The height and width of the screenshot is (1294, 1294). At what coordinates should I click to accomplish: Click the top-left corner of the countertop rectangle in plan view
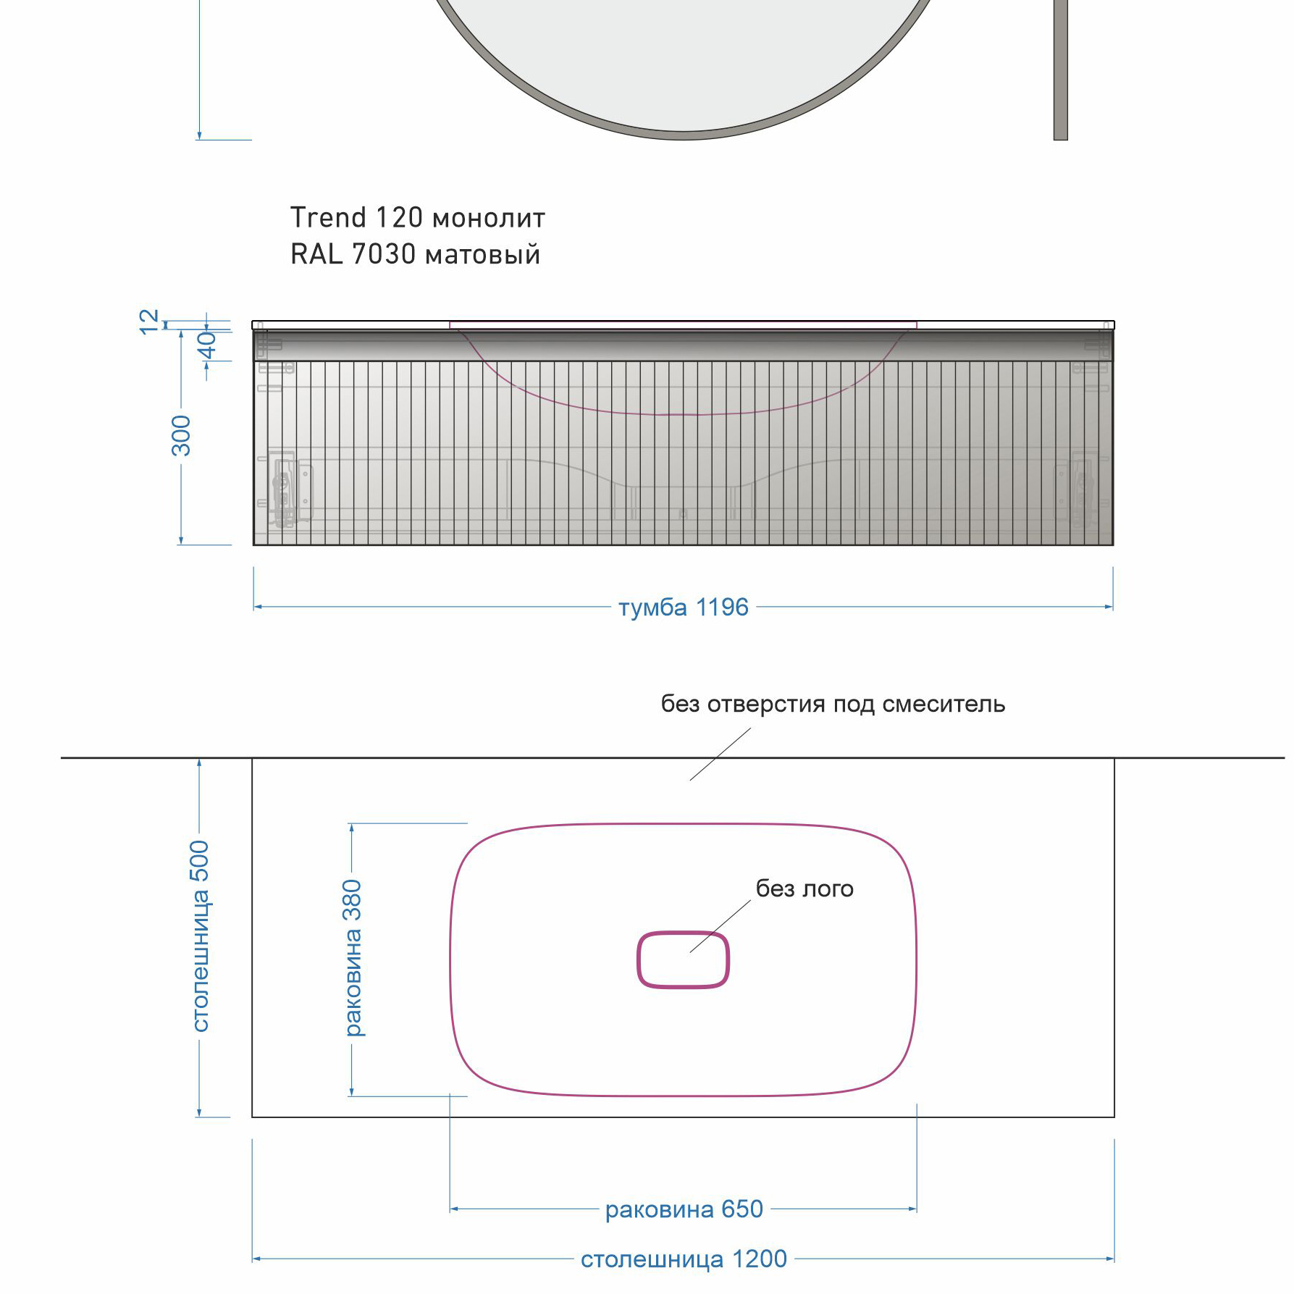point(252,758)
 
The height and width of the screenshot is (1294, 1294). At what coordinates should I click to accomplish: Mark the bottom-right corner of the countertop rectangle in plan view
point(1114,1117)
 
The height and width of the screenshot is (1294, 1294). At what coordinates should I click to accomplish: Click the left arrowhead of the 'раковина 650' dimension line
point(454,1209)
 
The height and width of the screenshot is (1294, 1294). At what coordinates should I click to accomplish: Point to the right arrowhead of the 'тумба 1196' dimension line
point(1109,607)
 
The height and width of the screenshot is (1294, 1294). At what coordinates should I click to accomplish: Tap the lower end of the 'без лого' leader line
point(690,952)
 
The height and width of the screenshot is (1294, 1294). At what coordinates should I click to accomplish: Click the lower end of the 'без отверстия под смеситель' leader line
point(690,780)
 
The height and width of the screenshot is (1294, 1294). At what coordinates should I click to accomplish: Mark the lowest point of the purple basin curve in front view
point(684,414)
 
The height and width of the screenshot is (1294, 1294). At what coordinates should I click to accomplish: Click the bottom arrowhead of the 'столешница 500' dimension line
point(199,1112)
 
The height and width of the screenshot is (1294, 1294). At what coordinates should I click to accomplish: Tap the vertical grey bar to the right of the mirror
point(1061,70)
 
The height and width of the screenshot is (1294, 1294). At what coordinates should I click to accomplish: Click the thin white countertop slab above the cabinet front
point(683,325)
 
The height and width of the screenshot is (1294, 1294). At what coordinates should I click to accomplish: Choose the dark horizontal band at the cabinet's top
point(683,345)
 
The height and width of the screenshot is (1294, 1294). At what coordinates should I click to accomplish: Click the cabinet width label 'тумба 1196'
point(683,607)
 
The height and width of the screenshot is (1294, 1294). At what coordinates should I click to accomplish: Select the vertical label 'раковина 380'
point(353,958)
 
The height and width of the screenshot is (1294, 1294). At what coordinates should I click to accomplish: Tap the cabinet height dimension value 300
point(181,435)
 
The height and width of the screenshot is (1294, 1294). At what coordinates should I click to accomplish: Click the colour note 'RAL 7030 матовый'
point(415,254)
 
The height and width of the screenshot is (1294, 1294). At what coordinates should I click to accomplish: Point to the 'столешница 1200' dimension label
point(684,1259)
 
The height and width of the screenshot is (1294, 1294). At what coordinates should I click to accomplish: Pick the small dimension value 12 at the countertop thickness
point(148,321)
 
